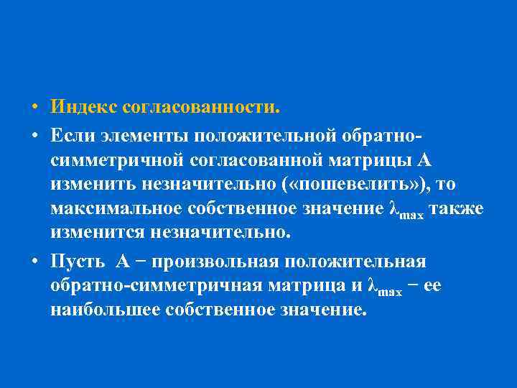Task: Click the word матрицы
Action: tap(363, 160)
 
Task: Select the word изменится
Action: tap(96, 234)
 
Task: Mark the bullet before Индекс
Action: tap(34, 108)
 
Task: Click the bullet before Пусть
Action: tap(34, 261)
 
